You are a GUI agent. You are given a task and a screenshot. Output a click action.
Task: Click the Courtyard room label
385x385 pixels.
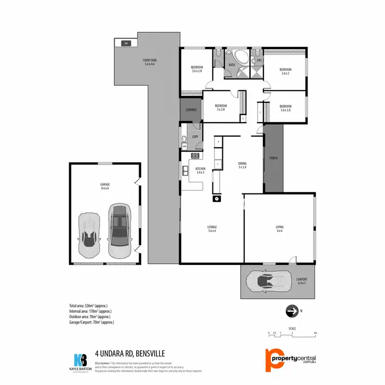coord(149,62)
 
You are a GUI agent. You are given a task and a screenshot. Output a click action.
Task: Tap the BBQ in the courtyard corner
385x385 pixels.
coord(126,44)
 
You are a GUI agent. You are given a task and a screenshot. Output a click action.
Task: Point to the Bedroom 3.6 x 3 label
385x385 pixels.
coord(285,71)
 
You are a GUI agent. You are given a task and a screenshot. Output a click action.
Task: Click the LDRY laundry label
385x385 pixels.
coord(195,136)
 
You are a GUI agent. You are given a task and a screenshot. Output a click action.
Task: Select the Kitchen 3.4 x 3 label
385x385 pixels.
coord(200,170)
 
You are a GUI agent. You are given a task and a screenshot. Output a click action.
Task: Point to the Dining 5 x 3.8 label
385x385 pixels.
coord(242,165)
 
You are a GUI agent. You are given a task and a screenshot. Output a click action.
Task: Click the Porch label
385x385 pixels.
coord(273,158)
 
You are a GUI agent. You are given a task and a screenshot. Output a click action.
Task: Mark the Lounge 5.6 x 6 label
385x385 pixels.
coord(211,228)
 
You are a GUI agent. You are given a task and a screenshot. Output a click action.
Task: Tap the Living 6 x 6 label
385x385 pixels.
coord(279,228)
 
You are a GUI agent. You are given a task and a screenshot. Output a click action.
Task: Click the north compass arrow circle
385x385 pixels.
coord(292,311)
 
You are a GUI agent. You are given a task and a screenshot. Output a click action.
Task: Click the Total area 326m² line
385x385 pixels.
coord(91,305)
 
